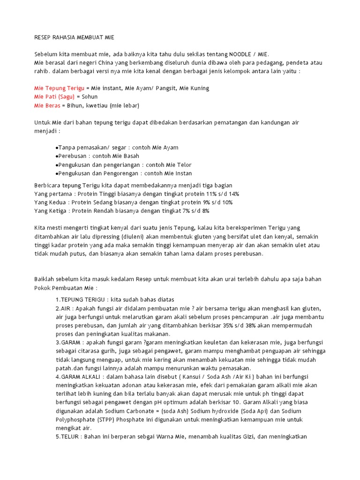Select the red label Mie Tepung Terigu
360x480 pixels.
[59, 88]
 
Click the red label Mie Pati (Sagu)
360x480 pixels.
[54, 97]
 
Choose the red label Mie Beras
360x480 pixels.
[47, 105]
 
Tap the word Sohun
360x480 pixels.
[90, 97]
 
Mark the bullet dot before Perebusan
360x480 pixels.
[57, 156]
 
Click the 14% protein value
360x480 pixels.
[233, 194]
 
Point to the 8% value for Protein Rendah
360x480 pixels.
[204, 211]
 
